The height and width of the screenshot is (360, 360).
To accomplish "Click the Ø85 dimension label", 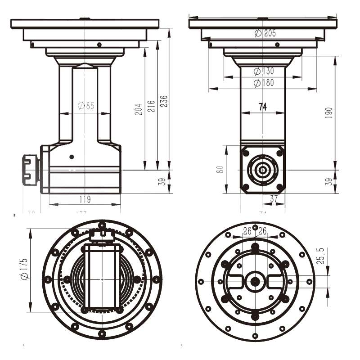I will click(85, 106).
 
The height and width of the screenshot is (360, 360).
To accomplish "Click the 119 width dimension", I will click(85, 199).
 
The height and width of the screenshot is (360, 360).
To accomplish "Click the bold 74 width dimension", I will click(263, 107).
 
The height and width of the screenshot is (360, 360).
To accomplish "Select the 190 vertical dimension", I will click(329, 112).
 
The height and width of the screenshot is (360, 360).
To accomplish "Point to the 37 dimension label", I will click(274, 198).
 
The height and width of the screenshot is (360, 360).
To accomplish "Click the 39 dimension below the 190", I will click(329, 182).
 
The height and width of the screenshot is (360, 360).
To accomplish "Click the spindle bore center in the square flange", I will click(263, 170).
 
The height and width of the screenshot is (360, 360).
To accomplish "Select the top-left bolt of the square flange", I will click(246, 153).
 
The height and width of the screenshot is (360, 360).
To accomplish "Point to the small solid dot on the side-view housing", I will click(71, 157).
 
